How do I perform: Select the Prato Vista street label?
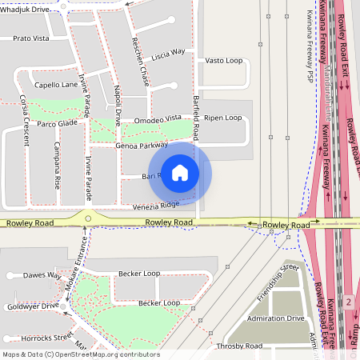coord(32,38)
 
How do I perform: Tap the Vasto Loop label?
coord(223,60)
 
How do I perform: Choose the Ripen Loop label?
coord(222,118)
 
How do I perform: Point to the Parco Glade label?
coord(57,123)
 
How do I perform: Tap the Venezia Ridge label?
coord(157,205)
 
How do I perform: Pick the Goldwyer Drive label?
coord(30,306)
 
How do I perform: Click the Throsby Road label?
coord(238,346)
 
